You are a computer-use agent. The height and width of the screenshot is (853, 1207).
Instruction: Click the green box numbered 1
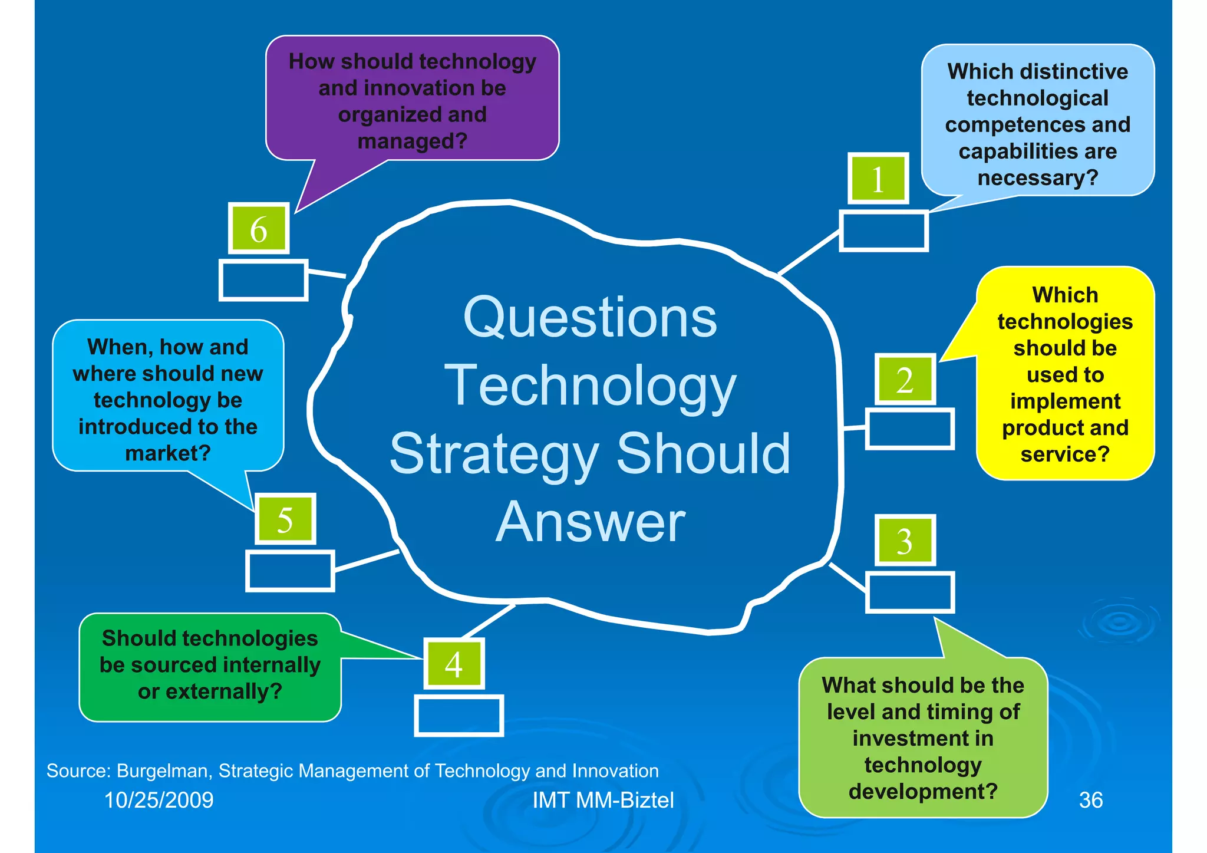(878, 179)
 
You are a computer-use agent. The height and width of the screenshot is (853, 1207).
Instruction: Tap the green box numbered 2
(905, 380)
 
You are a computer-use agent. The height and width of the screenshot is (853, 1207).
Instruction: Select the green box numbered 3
(905, 541)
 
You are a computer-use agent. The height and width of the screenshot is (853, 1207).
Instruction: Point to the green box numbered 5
(285, 519)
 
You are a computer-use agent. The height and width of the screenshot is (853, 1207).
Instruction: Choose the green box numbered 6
(259, 228)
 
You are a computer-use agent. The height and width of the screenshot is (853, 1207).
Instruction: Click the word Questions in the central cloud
(590, 318)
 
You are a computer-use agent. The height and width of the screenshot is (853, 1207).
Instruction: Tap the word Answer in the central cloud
(590, 522)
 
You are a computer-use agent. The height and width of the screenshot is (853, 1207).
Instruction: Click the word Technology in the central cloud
(590, 386)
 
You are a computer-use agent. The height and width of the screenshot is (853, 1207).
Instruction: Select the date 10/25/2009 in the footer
(159, 800)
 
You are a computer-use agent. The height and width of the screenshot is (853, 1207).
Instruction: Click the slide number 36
(1090, 800)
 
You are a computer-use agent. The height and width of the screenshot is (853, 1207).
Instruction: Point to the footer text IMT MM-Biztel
(603, 800)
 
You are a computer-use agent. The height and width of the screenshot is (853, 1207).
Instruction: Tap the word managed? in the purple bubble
(412, 141)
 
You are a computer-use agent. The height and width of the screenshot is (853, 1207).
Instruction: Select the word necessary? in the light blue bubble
(1038, 177)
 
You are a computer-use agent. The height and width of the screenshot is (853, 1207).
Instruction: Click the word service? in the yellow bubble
(1065, 454)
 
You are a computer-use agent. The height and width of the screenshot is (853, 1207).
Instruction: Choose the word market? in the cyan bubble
(168, 453)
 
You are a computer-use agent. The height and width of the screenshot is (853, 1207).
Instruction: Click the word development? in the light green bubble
(923, 791)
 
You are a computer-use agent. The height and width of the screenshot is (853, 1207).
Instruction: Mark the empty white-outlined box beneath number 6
(263, 281)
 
